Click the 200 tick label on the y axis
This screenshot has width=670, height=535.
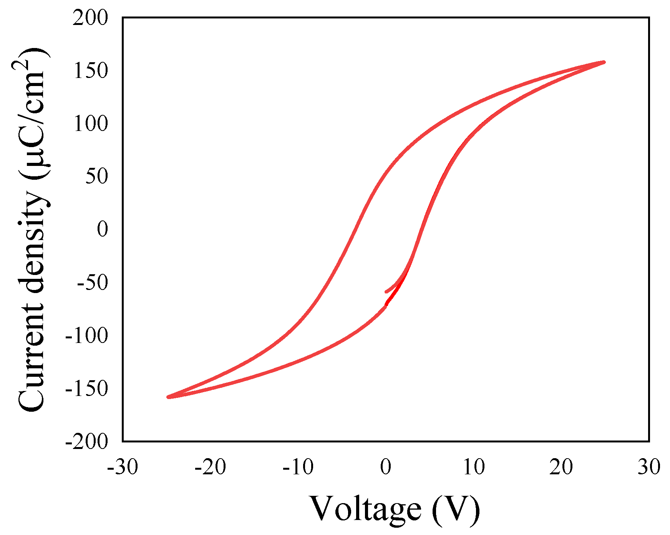tap(91, 18)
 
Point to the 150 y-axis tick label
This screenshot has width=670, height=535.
tap(91, 71)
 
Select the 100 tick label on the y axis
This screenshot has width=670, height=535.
tap(91, 124)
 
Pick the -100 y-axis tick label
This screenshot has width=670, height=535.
tap(87, 336)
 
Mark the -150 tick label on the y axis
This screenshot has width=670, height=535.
tap(87, 389)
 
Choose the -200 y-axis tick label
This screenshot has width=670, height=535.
tap(87, 442)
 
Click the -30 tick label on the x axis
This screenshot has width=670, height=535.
tap(123, 467)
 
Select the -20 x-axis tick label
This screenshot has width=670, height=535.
tap(211, 467)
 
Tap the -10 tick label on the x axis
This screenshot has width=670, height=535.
tap(298, 467)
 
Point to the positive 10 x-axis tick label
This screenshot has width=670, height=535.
tap(474, 467)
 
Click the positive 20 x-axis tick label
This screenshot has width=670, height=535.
tap(561, 467)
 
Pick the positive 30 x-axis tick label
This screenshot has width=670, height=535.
tap(649, 467)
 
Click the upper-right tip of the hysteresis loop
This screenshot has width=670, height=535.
tap(604, 62)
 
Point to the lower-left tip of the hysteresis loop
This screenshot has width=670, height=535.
tap(168, 397)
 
